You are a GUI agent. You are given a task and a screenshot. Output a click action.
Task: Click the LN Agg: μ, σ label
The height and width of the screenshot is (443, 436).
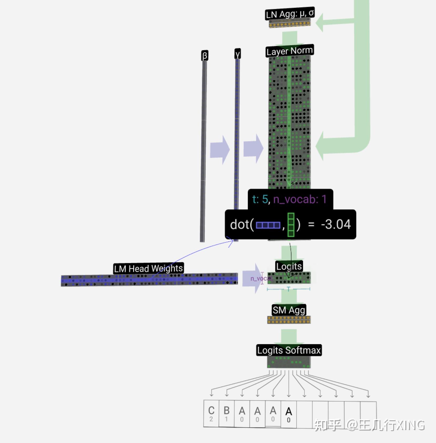click(x=290, y=13)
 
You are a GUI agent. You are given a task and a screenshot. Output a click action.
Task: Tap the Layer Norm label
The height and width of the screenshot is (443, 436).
click(x=290, y=51)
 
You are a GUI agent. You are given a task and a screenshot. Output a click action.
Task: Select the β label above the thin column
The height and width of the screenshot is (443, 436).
click(x=205, y=56)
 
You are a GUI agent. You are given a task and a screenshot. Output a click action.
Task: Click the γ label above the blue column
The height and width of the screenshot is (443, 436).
click(x=237, y=54)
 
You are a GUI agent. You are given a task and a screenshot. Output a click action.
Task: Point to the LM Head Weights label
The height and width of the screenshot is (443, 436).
click(x=148, y=268)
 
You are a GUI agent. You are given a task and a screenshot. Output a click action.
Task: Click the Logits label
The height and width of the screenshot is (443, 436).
click(x=289, y=266)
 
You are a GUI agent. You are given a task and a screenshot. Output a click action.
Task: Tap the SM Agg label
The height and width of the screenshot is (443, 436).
click(x=289, y=310)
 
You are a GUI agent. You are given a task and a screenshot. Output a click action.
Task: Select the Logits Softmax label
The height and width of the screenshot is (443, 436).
click(x=289, y=350)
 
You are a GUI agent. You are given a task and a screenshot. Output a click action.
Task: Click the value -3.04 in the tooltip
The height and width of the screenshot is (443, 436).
click(x=336, y=224)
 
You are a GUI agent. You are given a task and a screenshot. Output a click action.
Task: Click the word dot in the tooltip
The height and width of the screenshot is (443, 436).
click(x=240, y=224)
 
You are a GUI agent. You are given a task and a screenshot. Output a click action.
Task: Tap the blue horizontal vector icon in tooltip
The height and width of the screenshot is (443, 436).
click(x=268, y=225)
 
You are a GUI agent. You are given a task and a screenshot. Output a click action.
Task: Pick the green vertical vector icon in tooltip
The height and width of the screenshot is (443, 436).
click(x=291, y=225)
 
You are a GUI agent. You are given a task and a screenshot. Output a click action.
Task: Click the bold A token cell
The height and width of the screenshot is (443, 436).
click(x=289, y=414)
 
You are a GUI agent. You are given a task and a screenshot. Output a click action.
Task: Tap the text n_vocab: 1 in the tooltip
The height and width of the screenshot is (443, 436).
click(x=300, y=199)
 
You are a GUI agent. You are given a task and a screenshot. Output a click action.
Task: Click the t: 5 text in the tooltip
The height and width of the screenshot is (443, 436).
click(x=260, y=199)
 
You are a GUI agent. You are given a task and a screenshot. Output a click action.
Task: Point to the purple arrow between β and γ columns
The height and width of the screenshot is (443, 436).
click(x=220, y=150)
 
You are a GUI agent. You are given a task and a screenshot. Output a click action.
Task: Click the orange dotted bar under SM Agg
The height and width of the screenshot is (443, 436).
click(x=289, y=320)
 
